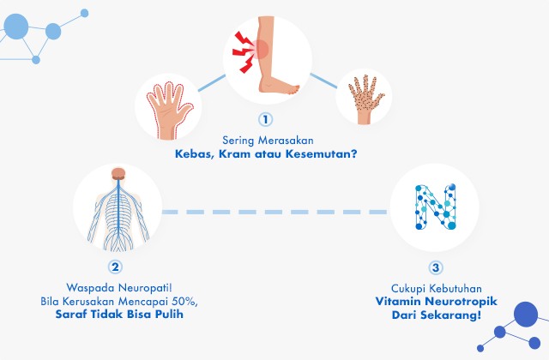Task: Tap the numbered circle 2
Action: tap(116, 267)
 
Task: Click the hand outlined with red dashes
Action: tap(169, 107)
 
